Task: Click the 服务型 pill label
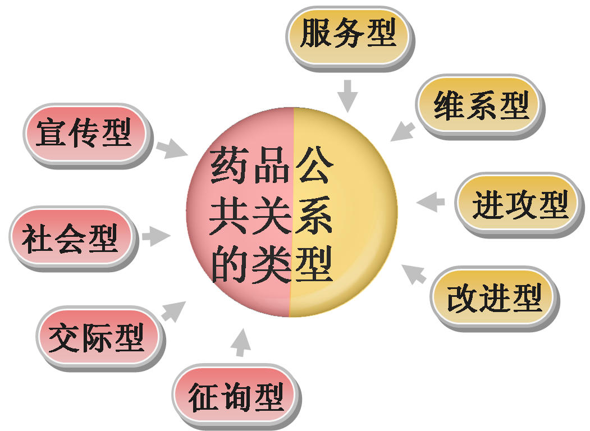pos(348,34)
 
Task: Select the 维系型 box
pos(480,105)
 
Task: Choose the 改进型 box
pos(494,297)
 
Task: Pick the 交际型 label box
pos(98,337)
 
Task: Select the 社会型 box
pos(71,237)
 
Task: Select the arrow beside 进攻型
pos(431,202)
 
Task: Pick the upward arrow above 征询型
pos(241,342)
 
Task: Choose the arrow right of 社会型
pos(156,236)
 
